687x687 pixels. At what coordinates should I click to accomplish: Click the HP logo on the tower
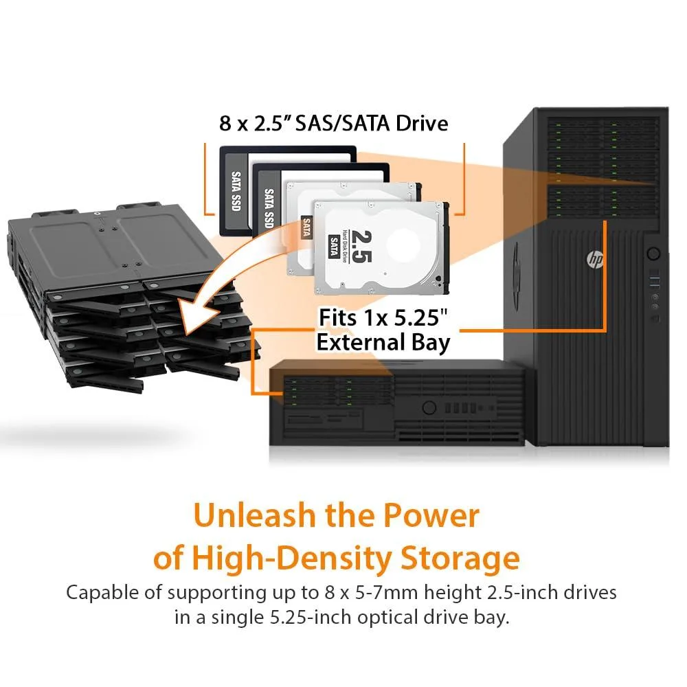594,260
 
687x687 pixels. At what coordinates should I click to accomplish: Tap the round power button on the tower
653,254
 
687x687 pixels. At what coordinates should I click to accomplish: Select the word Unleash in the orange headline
255,515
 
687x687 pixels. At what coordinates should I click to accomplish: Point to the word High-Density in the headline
292,558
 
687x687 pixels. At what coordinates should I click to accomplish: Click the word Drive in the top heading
422,123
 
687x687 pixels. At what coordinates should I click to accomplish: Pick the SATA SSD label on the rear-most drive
236,191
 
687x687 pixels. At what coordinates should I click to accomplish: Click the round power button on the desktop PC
429,408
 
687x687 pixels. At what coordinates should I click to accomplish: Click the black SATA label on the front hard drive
334,246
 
